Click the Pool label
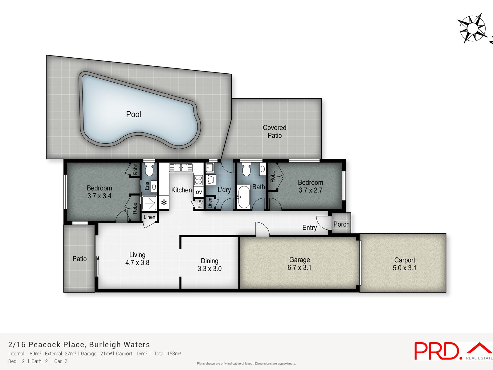point(133,114)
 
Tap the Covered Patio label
point(275,132)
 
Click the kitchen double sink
point(181,168)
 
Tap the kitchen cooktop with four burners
point(198,180)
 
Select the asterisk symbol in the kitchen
point(164,203)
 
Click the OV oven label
point(199,192)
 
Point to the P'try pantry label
point(200,204)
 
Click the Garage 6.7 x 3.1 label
point(299,264)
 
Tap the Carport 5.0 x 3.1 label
point(405,264)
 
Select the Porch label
point(341,224)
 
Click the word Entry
point(309,228)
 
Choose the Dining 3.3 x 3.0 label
point(210,265)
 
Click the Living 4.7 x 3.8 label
point(137,259)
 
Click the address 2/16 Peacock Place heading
point(79,344)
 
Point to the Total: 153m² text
point(167,354)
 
